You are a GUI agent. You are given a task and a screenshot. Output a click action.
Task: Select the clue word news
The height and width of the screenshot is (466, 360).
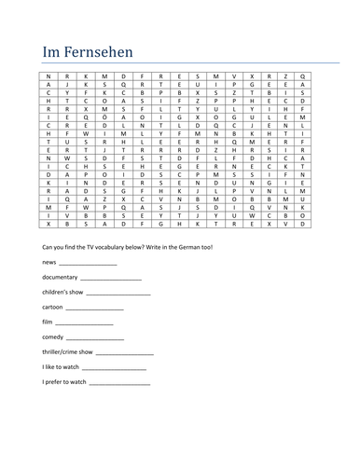39,265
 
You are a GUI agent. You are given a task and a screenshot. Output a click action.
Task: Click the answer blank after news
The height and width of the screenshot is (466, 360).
86,267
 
